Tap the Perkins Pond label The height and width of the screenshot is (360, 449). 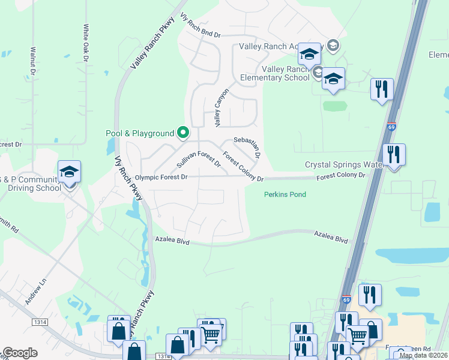(285, 194)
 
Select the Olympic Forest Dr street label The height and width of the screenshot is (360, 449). (161, 178)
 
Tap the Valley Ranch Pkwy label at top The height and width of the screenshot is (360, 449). (149, 46)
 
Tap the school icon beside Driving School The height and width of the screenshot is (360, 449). (70, 172)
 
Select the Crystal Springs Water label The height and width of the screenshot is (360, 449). (343, 164)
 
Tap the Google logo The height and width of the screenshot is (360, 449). (19, 353)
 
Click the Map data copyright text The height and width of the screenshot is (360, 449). (423, 355)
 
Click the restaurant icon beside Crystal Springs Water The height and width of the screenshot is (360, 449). (394, 154)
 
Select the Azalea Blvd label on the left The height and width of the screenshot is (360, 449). (172, 241)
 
